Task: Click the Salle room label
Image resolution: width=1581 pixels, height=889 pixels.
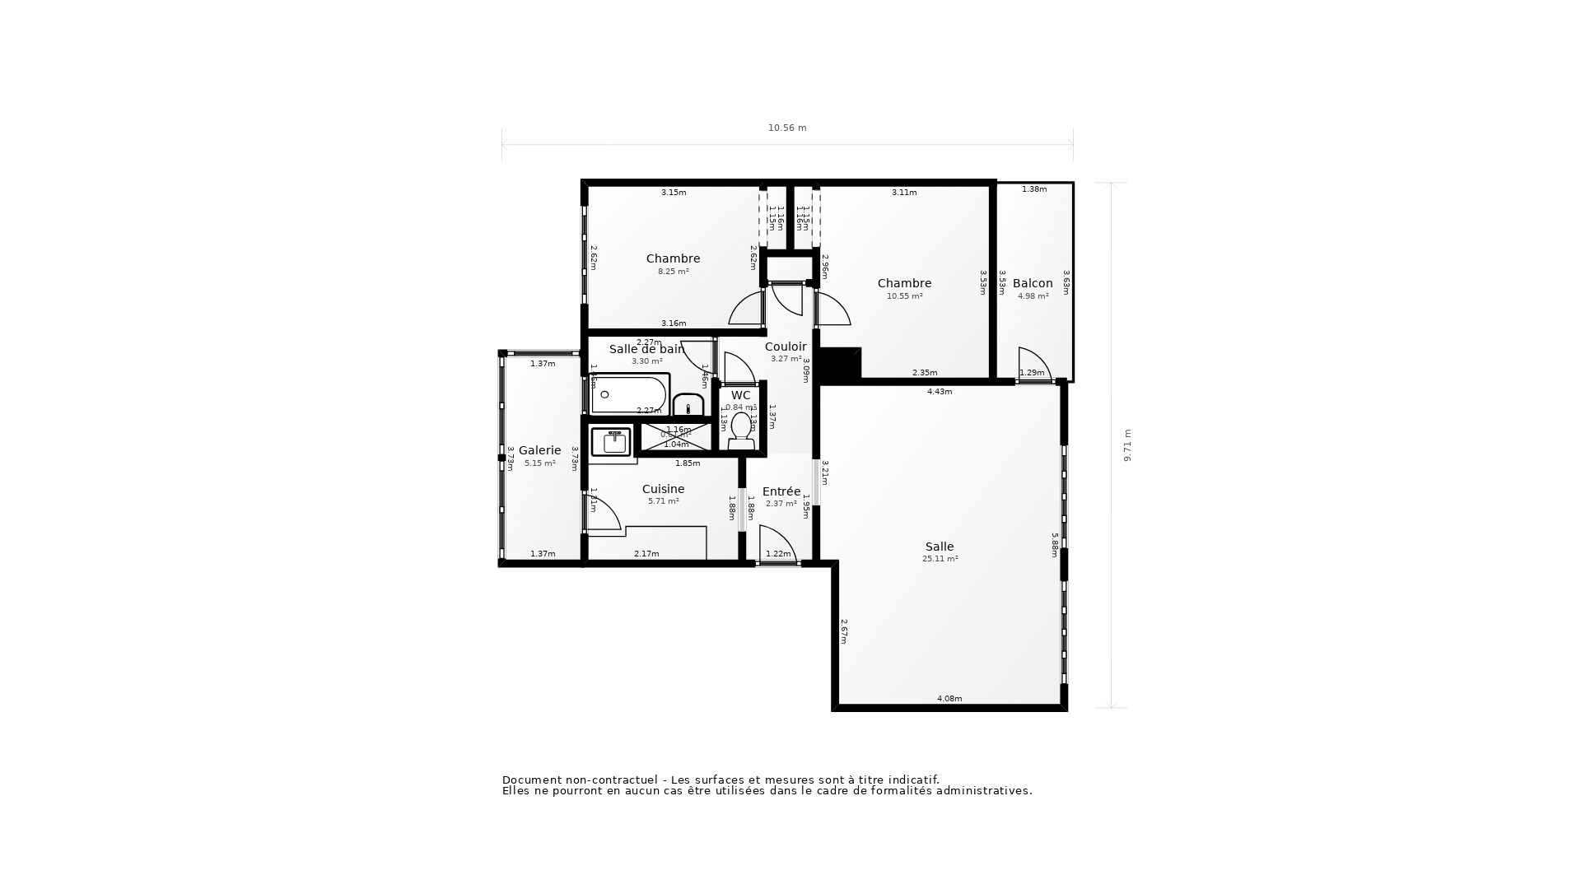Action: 940,547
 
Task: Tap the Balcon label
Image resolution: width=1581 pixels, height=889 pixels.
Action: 1033,283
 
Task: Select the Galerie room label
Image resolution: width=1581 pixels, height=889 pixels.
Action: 539,450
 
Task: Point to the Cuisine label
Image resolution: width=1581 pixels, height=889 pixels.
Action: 663,489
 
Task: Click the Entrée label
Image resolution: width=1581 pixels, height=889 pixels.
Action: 781,491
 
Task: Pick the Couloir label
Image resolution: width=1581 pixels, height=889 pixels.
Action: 785,347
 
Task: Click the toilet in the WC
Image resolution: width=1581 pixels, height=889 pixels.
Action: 741,431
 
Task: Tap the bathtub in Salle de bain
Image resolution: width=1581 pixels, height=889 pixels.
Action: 629,395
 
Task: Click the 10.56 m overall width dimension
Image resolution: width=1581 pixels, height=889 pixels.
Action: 787,128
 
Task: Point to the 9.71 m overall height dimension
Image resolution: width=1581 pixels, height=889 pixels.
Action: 1128,445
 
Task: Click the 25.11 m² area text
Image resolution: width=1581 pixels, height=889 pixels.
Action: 940,559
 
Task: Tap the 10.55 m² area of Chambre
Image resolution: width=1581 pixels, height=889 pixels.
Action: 904,296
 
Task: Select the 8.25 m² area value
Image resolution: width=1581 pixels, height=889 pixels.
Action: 673,272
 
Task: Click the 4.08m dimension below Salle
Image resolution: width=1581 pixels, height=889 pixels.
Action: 949,699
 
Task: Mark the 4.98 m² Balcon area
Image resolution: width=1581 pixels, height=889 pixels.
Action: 1033,296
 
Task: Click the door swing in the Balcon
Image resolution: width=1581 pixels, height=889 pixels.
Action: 1033,364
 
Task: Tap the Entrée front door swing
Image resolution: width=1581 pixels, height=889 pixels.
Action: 776,543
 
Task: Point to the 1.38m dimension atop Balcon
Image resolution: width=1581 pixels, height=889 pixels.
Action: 1034,189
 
